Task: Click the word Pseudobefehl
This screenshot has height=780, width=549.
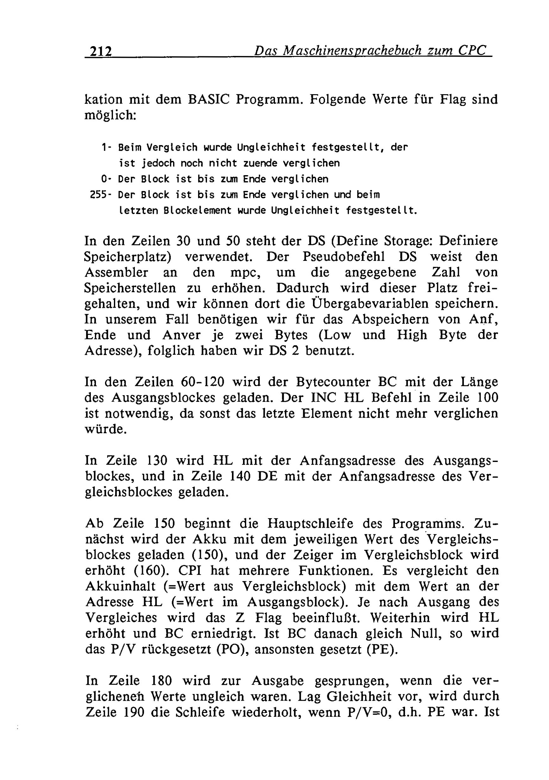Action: [344, 256]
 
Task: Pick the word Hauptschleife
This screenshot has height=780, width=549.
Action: [310, 523]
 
